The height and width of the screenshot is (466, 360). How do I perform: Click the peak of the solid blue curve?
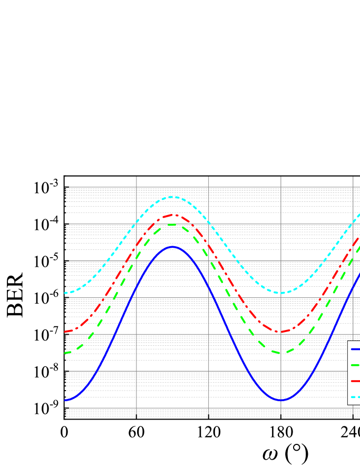click(x=172, y=247)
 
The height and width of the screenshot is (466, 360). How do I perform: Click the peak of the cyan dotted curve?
click(x=173, y=197)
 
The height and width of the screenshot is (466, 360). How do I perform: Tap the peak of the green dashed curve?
click(x=172, y=225)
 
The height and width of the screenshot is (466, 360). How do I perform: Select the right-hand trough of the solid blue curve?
click(x=281, y=401)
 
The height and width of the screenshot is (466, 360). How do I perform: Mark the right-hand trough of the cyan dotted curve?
click(x=281, y=293)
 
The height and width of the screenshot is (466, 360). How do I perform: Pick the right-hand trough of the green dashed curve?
click(x=281, y=353)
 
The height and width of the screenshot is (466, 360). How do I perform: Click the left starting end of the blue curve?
click(x=65, y=401)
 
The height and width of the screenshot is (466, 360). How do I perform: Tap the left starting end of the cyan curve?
click(x=65, y=293)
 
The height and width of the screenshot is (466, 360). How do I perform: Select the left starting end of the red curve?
click(x=65, y=332)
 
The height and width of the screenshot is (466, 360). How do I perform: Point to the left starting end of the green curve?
click(x=65, y=353)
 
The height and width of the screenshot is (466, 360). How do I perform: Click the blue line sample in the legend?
click(x=355, y=349)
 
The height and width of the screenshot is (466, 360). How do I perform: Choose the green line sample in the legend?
click(x=355, y=365)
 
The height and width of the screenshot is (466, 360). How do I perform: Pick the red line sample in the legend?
click(x=355, y=381)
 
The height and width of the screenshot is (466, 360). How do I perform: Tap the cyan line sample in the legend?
click(x=355, y=396)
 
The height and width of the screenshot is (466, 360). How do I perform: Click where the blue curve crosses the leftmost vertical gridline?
click(x=137, y=287)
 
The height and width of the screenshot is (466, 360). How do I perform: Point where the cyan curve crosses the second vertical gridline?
click(x=209, y=221)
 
